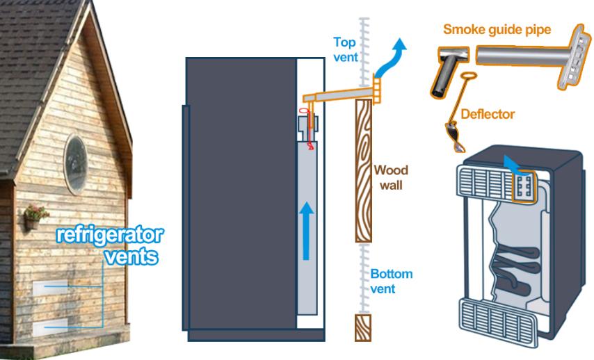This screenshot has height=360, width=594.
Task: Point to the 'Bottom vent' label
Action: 390,281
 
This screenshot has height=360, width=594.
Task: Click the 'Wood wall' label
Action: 391,177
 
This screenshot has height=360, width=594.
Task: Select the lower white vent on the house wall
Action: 51,327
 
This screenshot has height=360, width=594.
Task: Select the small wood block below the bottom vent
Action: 363,327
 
